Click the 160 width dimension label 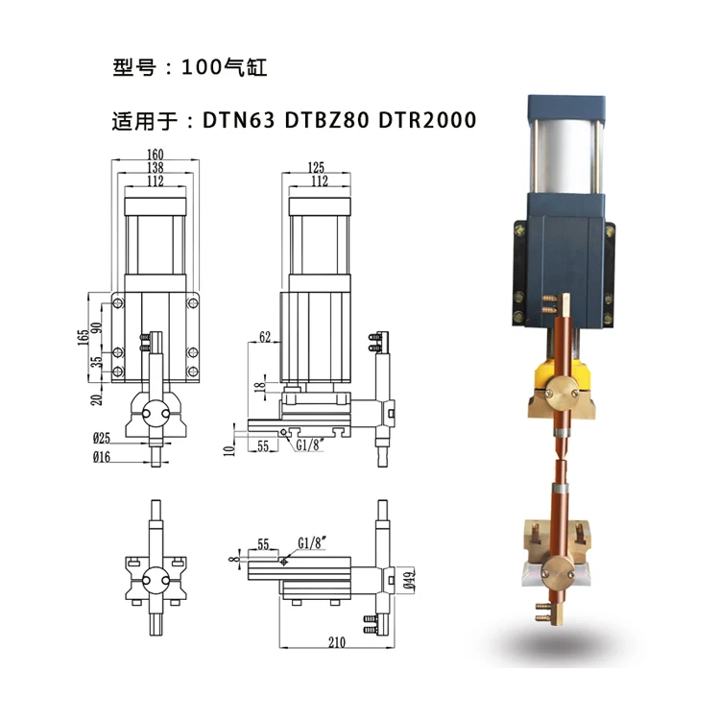156,155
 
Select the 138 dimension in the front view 156,167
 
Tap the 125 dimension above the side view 316,167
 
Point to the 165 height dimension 84,338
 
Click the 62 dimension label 265,337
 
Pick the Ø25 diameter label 102,438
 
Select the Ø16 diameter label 102,457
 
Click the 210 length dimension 337,642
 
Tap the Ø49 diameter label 409,580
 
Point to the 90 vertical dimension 96,328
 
